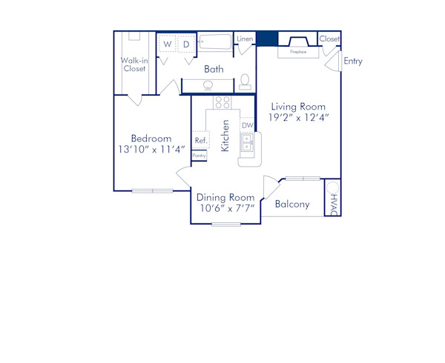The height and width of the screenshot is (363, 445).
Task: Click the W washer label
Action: coord(167,44)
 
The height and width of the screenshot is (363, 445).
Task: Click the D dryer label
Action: coord(186,44)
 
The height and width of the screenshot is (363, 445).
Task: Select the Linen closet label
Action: coord(244,39)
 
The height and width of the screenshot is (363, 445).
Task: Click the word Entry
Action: coord(353,61)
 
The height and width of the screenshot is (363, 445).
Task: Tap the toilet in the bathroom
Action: coord(244,81)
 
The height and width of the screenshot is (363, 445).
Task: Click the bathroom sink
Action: coord(208,85)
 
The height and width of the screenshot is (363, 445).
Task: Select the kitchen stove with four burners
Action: coord(222,103)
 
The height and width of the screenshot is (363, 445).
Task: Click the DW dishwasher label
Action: coord(247,125)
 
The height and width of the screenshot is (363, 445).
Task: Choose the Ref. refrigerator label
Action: coord(200,140)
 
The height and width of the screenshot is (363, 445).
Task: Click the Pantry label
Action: coord(199,156)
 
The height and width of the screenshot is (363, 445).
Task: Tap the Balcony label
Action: coord(292,204)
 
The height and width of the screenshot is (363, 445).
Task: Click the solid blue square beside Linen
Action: coord(266,39)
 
